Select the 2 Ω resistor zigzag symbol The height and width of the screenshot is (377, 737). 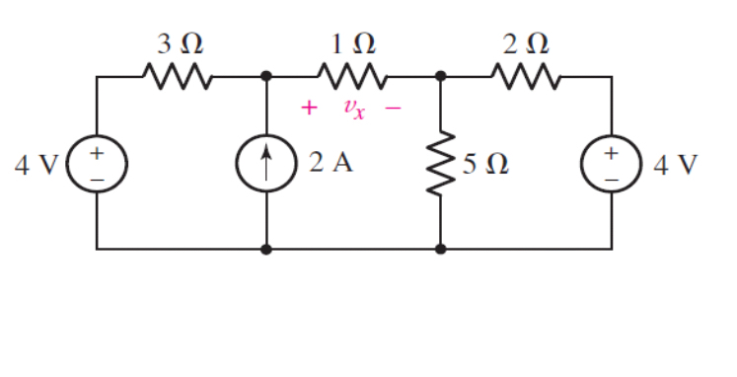coord(526,74)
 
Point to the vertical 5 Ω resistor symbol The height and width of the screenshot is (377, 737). coord(440,162)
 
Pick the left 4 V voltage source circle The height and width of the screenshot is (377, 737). coord(97,163)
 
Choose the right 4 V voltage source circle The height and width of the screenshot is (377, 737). coord(612,163)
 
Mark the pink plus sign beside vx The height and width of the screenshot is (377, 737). coord(308,108)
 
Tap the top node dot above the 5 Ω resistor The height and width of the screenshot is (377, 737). coord(440,75)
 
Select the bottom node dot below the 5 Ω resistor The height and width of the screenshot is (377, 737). coord(440,250)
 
